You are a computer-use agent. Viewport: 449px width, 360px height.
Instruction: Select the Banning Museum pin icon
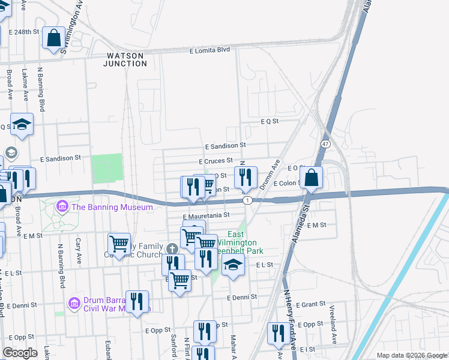61,207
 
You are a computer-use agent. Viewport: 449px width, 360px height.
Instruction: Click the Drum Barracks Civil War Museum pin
74,301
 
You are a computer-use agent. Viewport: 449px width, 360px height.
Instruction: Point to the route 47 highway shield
325,145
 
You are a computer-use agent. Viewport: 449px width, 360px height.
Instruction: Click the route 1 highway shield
247,200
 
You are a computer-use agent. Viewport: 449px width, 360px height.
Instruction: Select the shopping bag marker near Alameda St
312,177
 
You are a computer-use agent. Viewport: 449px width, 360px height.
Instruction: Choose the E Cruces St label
215,161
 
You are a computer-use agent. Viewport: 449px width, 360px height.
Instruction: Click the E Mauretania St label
206,215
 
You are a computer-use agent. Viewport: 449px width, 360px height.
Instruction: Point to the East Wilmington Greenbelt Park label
236,242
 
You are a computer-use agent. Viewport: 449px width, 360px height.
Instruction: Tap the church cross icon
171,248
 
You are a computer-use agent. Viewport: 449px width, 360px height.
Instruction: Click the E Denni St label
242,297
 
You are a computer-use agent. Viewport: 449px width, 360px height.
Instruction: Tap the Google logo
20,352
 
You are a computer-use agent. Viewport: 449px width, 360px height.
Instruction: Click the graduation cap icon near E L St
233,264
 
